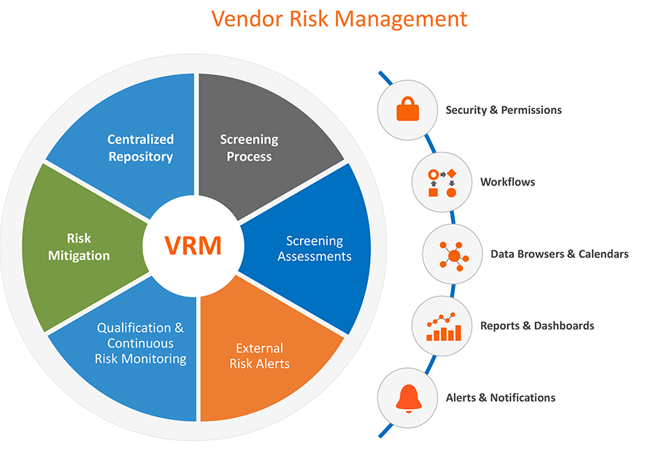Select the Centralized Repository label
(x=140, y=148)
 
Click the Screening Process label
(x=249, y=148)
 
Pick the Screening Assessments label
(x=315, y=248)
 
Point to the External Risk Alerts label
(x=259, y=356)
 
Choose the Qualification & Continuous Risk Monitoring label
(x=140, y=343)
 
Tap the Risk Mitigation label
(x=79, y=247)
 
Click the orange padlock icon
(x=407, y=110)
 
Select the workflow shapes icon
(x=442, y=182)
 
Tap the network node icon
(x=453, y=254)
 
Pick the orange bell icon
(x=407, y=397)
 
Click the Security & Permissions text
(x=504, y=110)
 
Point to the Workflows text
(x=507, y=182)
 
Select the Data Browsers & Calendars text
(x=559, y=254)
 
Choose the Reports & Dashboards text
(x=537, y=326)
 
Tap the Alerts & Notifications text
(x=500, y=398)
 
